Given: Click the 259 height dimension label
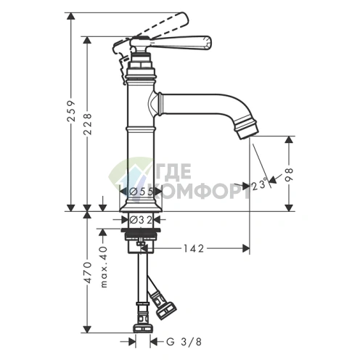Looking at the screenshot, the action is tap(72, 110).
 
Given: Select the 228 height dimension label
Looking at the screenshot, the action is tap(88, 124).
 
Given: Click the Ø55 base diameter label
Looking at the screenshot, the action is tap(142, 192).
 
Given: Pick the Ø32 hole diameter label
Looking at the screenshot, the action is tap(141, 220).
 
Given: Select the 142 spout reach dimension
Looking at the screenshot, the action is tap(194, 248).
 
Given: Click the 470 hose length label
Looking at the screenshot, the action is tap(88, 272).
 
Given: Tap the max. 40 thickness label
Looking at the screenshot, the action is tap(104, 266).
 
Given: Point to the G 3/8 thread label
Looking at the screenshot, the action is tap(184, 342).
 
